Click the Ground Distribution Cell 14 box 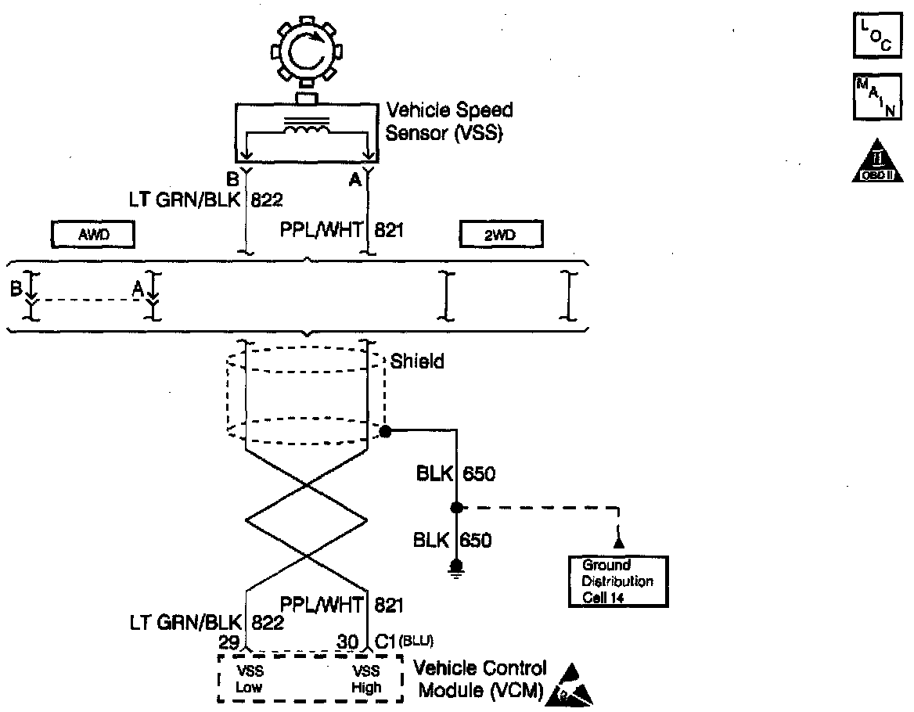(618, 581)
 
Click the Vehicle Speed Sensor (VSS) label (449, 121)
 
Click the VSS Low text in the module (250, 680)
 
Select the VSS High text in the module (366, 680)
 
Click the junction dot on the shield (385, 431)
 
